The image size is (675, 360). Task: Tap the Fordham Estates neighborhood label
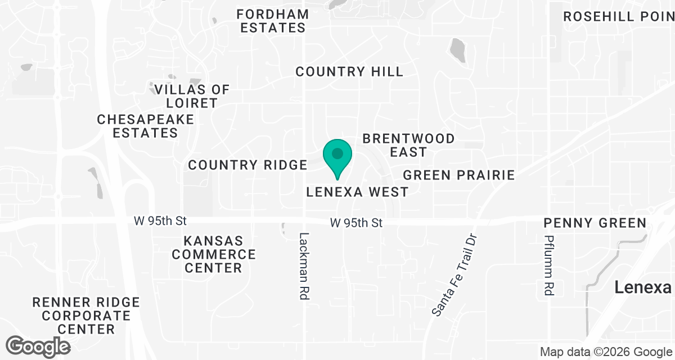pos(273,21)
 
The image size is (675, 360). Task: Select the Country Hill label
pos(349,71)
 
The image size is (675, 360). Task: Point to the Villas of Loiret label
pos(192,96)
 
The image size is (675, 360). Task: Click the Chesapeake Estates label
pos(145,126)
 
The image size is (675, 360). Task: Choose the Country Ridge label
pos(247,165)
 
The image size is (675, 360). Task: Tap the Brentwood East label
pos(408,145)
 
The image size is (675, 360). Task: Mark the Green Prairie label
pos(459,175)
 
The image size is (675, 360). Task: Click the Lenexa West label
pos(357,192)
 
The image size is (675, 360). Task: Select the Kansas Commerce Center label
pos(213,254)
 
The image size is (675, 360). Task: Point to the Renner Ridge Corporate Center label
pos(86,316)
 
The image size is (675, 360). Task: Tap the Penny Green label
pos(595,223)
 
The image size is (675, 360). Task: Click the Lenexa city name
pos(642,287)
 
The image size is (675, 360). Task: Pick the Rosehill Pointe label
pos(619,16)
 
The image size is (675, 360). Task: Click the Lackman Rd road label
pos(304,266)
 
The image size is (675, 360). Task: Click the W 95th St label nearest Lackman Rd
pos(356,223)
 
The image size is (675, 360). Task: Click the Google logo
pos(38,346)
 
